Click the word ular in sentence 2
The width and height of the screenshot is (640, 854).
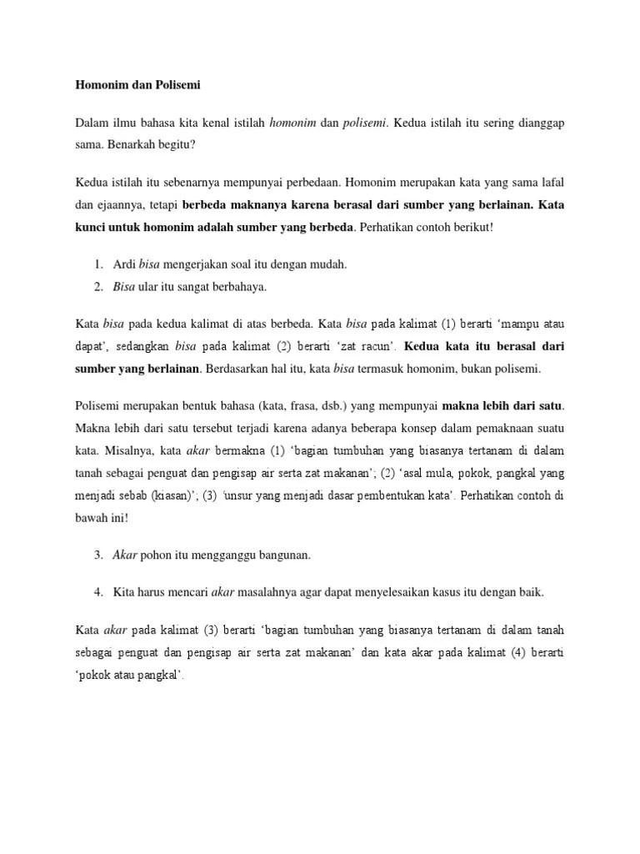click(x=150, y=286)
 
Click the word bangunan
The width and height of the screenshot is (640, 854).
click(x=288, y=555)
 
